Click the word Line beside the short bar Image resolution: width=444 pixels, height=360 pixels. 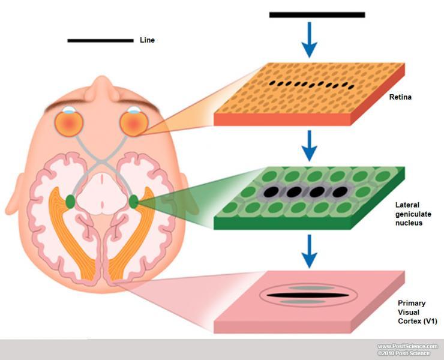click(x=147, y=40)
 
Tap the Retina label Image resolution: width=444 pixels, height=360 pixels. click(x=400, y=95)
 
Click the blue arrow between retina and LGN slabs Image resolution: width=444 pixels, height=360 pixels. click(x=309, y=146)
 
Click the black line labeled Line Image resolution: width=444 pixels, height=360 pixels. click(x=100, y=41)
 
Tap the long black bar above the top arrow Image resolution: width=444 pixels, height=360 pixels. click(x=317, y=14)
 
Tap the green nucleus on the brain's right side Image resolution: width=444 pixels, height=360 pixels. click(x=133, y=202)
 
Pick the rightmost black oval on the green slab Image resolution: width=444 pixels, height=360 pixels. click(x=340, y=193)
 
